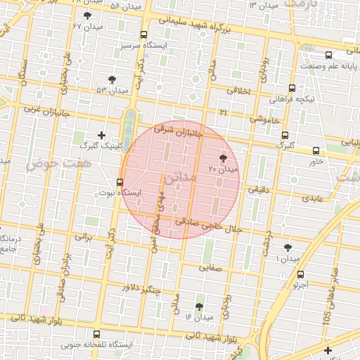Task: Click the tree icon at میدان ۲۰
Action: tap(224, 158)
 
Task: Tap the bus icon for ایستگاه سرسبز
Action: tap(144, 35)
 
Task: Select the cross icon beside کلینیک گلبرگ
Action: tap(101, 135)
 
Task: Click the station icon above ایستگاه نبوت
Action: tap(120, 182)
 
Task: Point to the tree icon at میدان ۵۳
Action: tap(112, 79)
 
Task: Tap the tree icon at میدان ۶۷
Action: tap(87, 15)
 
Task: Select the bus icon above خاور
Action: tap(316, 150)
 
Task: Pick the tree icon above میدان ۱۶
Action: tap(200, 307)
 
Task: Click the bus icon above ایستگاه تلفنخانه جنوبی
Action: tap(96, 335)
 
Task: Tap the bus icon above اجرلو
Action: tap(301, 275)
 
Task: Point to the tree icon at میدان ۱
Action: tap(288, 247)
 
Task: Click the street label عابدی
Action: tap(313, 198)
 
